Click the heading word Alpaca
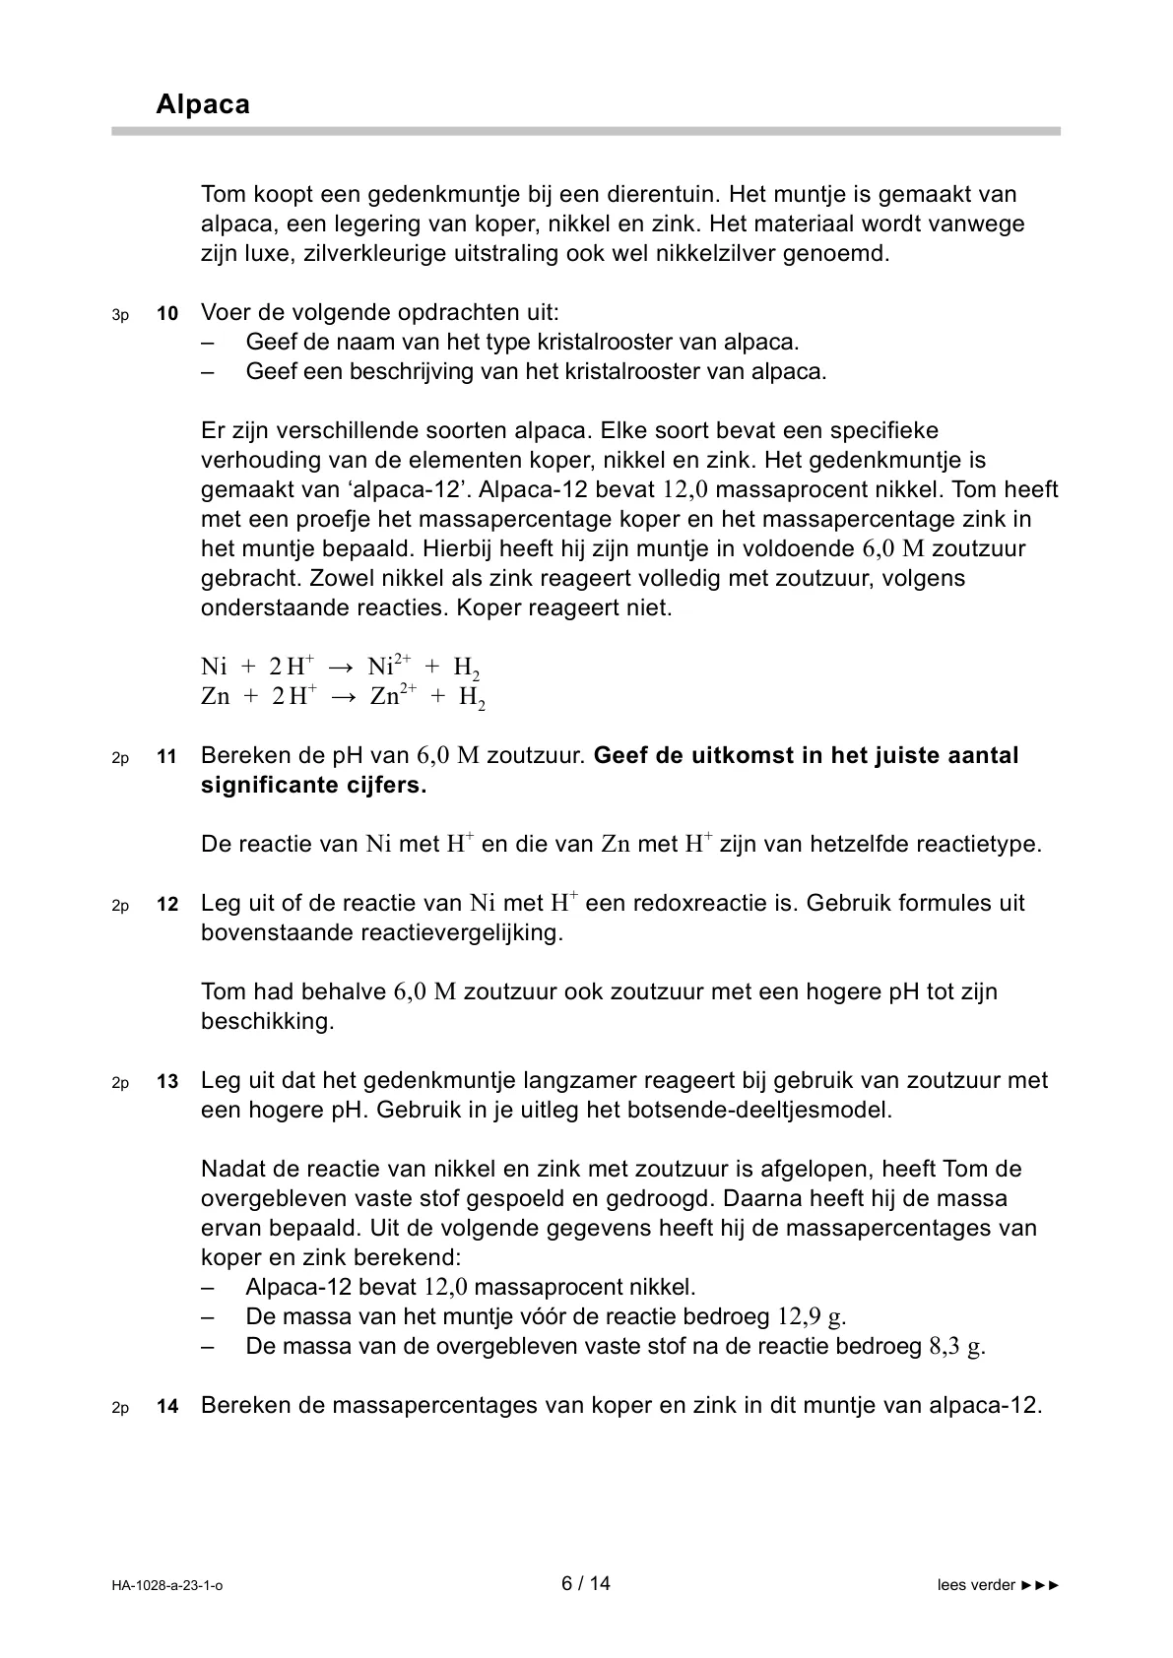click(202, 104)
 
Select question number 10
click(167, 314)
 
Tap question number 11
click(167, 757)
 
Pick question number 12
click(167, 905)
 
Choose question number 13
click(167, 1082)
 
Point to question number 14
click(167, 1407)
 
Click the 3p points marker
click(120, 315)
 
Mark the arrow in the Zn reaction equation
click(342, 697)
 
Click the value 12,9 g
click(812, 1316)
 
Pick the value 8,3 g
click(956, 1346)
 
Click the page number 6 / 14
click(586, 1583)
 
